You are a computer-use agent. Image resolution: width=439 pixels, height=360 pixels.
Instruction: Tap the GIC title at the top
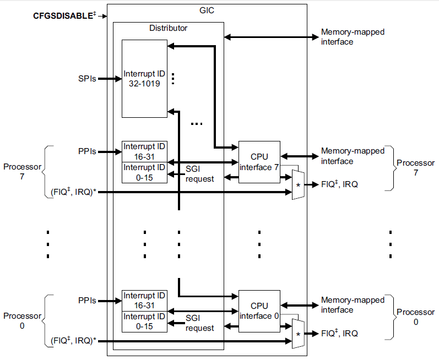pos(207,10)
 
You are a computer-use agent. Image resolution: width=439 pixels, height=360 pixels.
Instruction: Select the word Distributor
pos(169,28)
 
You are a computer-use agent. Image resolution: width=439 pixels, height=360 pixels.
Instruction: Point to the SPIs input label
pos(87,79)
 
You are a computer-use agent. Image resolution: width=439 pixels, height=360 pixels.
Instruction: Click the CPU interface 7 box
pos(259,162)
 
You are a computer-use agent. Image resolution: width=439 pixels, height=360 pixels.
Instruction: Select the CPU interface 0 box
pos(259,310)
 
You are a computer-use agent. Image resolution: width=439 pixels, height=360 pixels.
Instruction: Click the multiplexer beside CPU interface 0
pos(298,334)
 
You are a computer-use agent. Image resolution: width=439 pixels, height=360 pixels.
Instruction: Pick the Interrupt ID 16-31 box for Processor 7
pos(145,151)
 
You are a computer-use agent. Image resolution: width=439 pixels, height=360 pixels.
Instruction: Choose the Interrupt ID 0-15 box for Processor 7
pos(145,172)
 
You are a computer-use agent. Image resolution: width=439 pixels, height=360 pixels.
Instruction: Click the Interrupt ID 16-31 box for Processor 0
pos(145,301)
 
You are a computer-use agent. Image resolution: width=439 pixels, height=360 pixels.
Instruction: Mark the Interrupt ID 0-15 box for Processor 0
pos(145,321)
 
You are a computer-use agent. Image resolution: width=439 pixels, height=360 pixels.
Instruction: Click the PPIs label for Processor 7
pos(87,151)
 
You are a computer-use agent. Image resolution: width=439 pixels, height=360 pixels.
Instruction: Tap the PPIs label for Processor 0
pos(87,301)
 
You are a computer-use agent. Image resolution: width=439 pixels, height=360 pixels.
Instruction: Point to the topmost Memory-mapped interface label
pos(353,37)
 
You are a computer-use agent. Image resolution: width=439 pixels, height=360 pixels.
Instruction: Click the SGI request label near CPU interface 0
pos(199,323)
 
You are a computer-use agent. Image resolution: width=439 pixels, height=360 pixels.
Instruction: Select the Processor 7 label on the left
pos(22,172)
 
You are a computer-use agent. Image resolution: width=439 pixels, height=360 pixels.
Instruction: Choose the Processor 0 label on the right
pos(415,317)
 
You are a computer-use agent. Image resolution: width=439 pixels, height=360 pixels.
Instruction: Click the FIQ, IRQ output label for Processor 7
pos(339,185)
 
